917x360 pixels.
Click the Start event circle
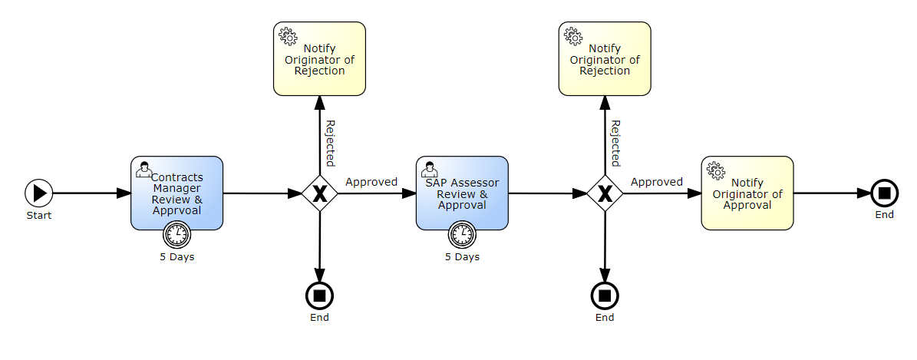point(38,193)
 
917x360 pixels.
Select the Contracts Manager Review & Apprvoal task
point(176,193)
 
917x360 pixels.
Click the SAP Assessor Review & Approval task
point(462,193)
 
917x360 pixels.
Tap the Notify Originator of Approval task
point(747,193)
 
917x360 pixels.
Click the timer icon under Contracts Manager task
point(176,234)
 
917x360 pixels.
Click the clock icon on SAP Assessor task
point(462,234)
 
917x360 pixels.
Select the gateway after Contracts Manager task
point(319,193)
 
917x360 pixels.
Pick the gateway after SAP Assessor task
point(605,193)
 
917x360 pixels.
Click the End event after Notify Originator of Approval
point(884,193)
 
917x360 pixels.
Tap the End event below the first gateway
point(319,295)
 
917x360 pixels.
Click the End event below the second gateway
point(605,295)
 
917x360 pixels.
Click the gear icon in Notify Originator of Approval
point(715,170)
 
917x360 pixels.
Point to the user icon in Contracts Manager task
point(143,170)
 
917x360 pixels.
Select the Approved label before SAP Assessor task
point(371,182)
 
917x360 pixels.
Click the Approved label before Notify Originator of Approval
point(657,182)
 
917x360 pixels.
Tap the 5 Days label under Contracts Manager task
point(176,257)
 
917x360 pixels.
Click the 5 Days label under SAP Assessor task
point(462,257)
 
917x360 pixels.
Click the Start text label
point(38,216)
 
